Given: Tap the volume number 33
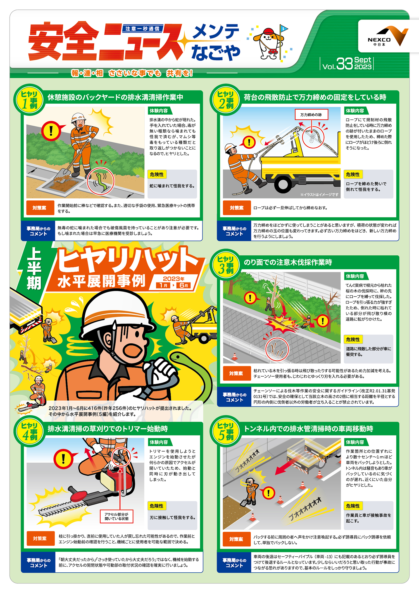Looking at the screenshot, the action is point(345,64).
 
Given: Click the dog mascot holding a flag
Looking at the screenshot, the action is point(268,42).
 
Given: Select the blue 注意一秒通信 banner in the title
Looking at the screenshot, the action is point(142,28).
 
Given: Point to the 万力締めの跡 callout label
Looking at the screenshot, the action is point(311,114).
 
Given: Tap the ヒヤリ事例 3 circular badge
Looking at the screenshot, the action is point(226,264).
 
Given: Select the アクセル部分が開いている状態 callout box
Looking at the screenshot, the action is point(117,516).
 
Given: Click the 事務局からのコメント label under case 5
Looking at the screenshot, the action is point(234,562).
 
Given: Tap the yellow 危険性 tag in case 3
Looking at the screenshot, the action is point(353,339).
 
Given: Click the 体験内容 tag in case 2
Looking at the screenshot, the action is point(355,111).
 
